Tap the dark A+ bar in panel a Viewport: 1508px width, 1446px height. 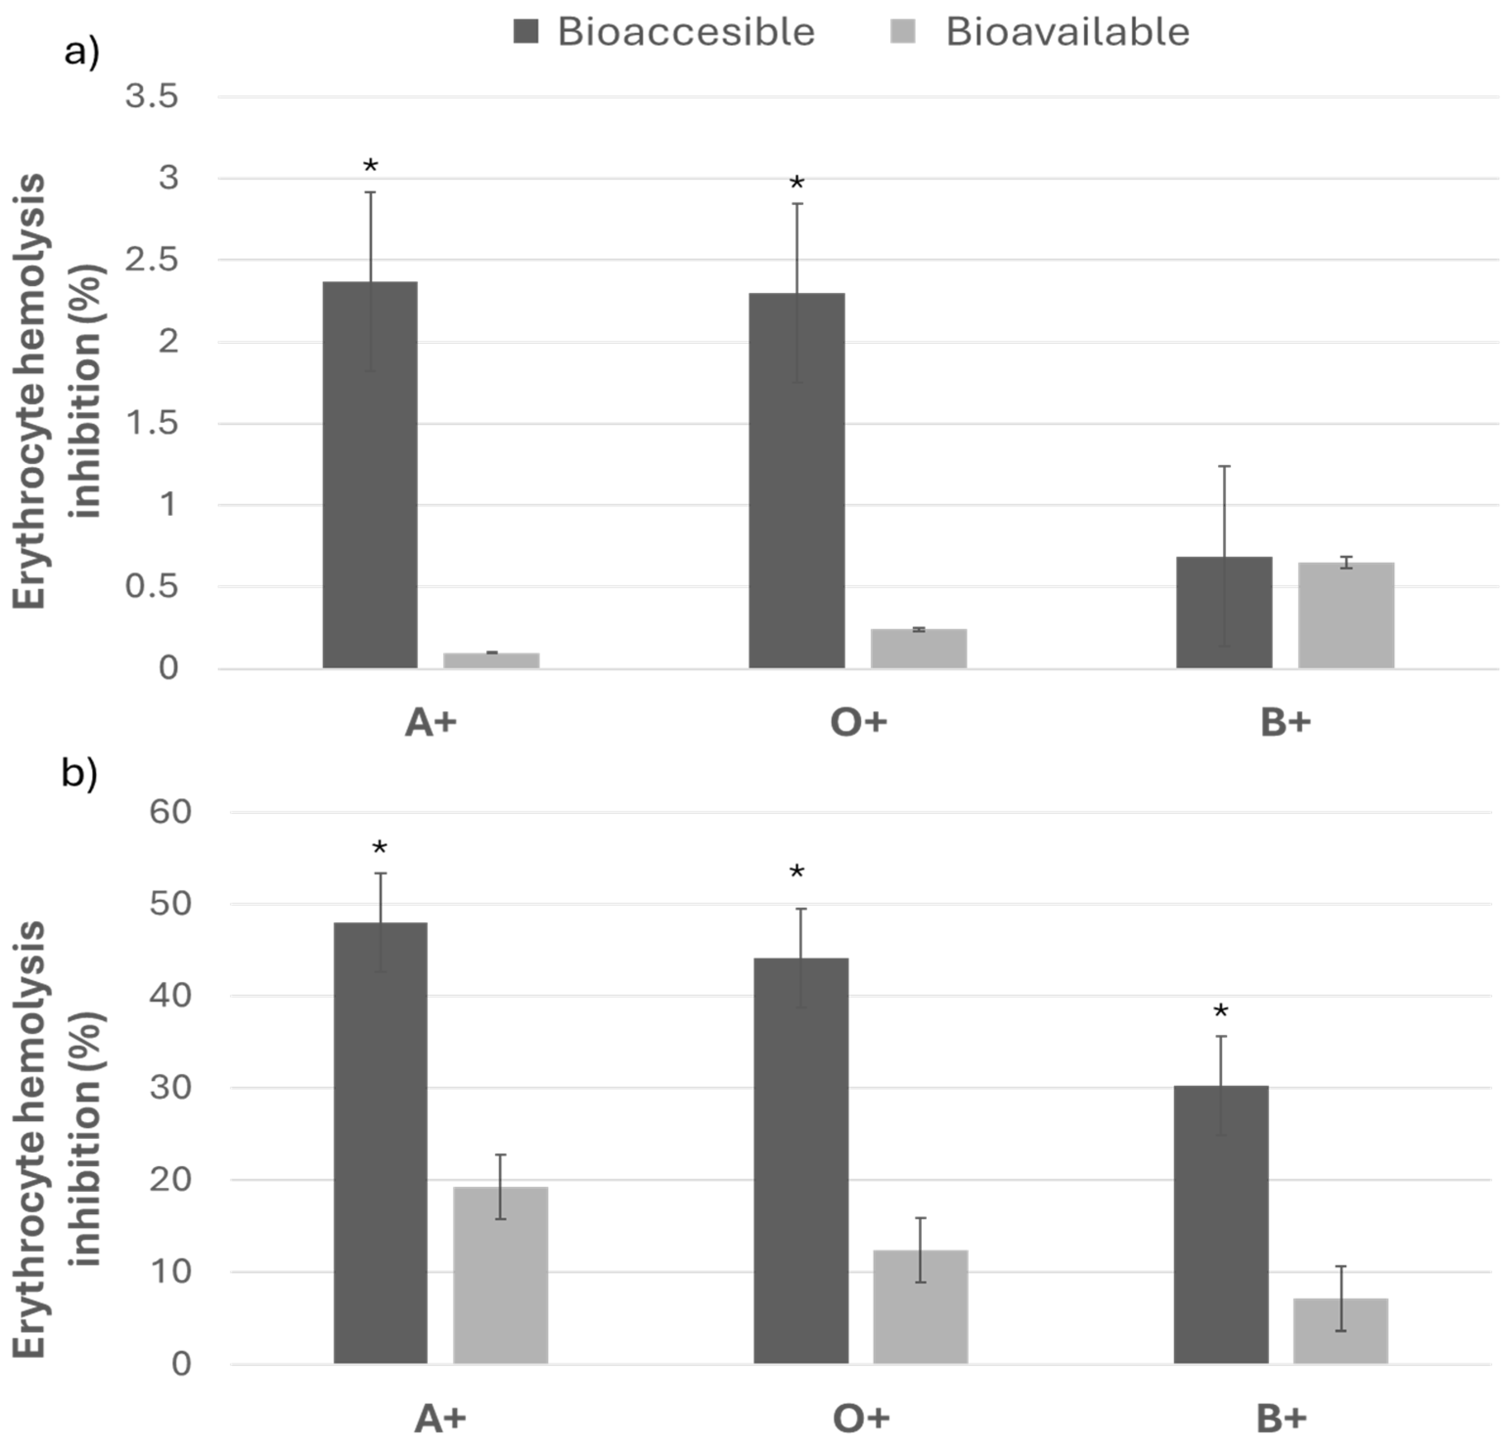pyautogui.click(x=370, y=475)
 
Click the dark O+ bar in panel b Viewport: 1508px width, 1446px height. pyautogui.click(x=801, y=1161)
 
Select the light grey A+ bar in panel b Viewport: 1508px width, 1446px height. pyautogui.click(x=501, y=1275)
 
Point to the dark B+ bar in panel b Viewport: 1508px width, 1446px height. pyautogui.click(x=1221, y=1225)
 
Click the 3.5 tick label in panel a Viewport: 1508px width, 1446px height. pyautogui.click(x=152, y=97)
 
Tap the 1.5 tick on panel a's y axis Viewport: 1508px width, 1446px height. pyautogui.click(x=152, y=423)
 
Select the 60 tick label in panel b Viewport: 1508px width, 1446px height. pyautogui.click(x=170, y=812)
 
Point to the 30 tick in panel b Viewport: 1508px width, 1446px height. pyautogui.click(x=170, y=1088)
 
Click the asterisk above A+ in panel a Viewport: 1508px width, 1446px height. pyautogui.click(x=371, y=165)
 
